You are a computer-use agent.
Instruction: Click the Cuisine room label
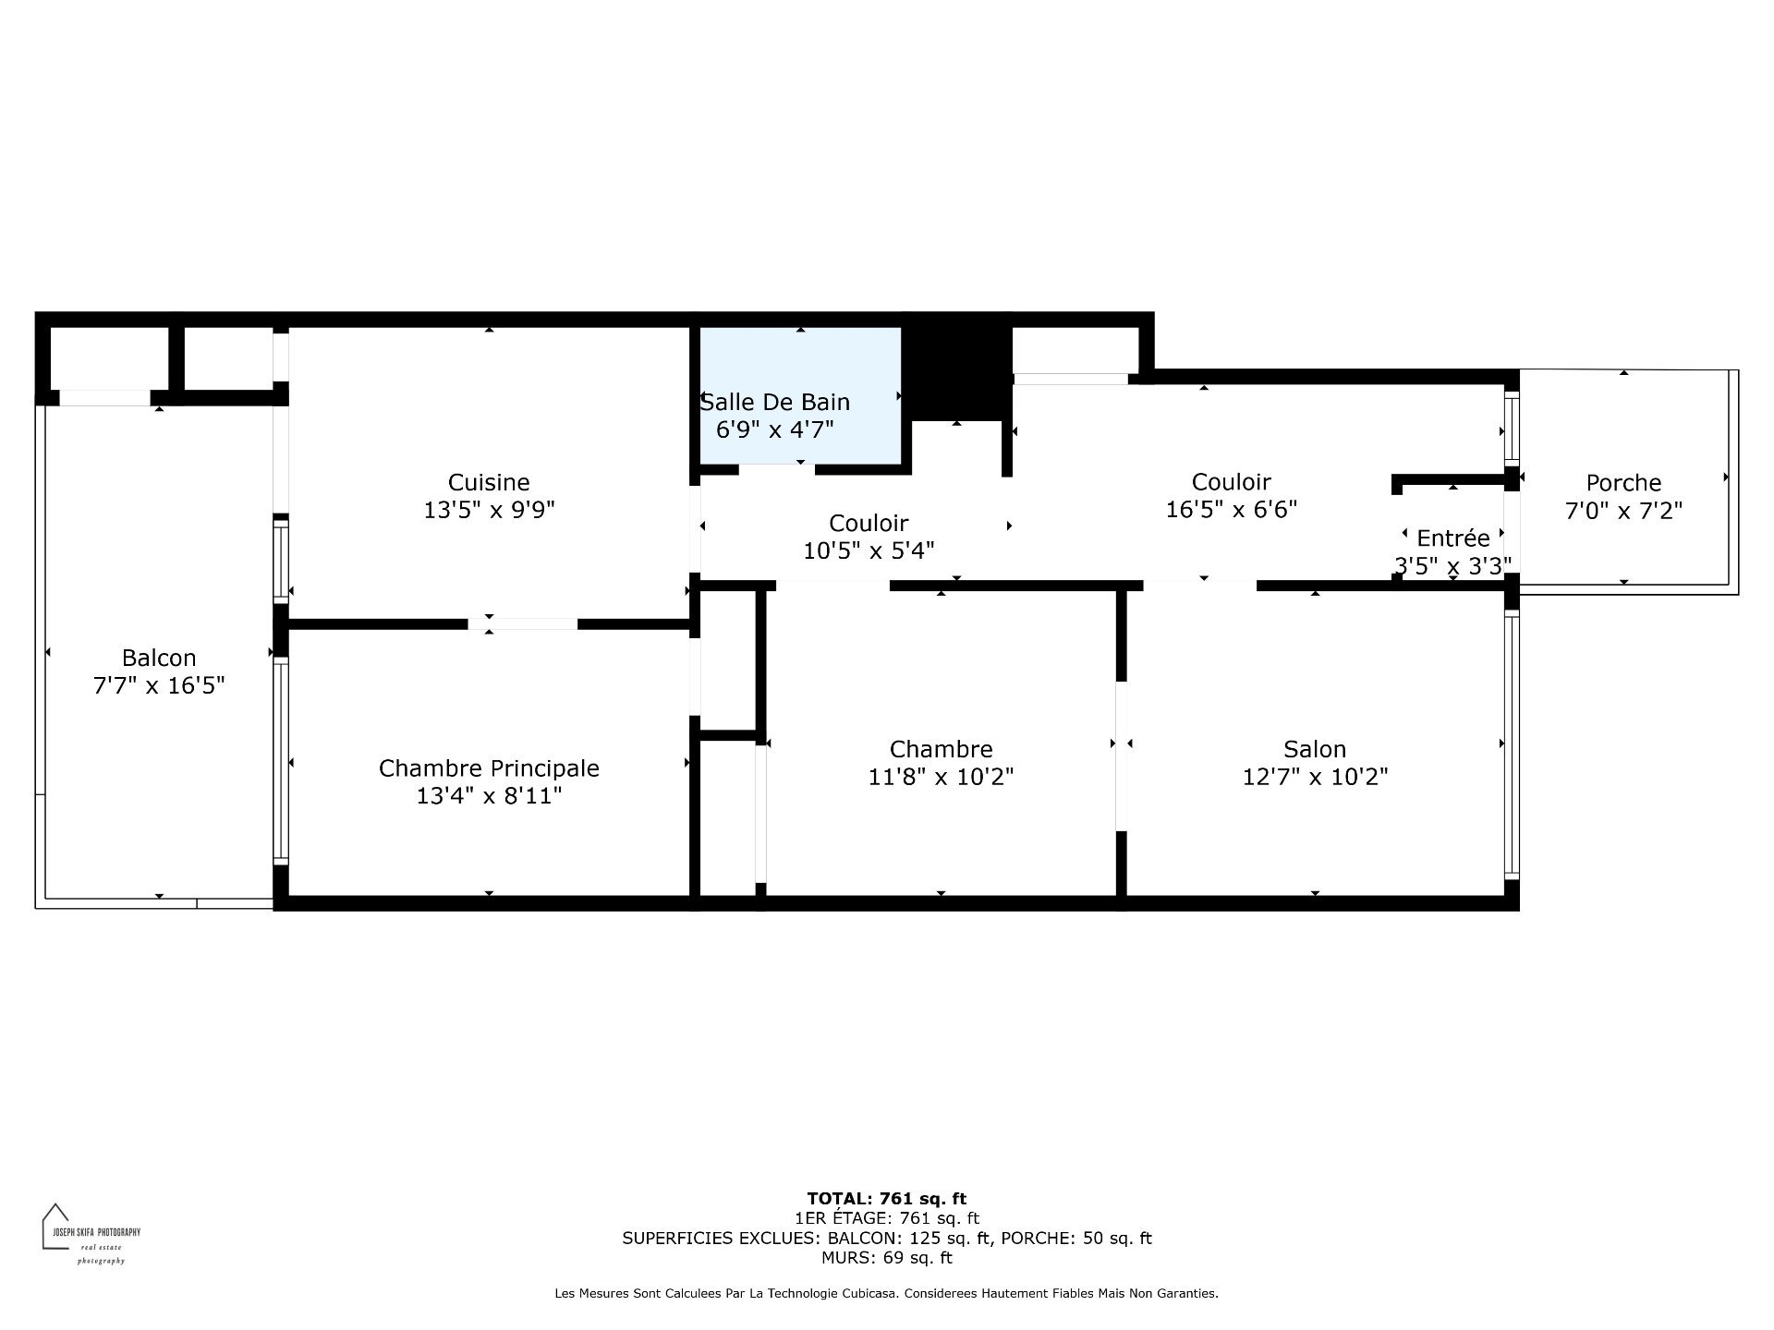click(x=489, y=482)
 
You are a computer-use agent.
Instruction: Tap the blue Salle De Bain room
click(x=800, y=395)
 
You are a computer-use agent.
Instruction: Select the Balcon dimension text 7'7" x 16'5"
click(x=159, y=685)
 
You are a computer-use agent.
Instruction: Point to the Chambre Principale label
click(x=489, y=768)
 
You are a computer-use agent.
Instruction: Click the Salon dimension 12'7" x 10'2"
click(x=1315, y=777)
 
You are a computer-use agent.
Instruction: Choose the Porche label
click(x=1623, y=482)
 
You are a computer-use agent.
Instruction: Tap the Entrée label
click(x=1453, y=538)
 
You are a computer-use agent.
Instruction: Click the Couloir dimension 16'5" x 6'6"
click(x=1232, y=509)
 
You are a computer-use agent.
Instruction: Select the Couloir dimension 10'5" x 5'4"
click(x=869, y=550)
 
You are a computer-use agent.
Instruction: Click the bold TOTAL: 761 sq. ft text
click(x=887, y=1199)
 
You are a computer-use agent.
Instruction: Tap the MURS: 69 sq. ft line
click(x=887, y=1257)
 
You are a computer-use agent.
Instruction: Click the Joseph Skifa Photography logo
click(x=91, y=1234)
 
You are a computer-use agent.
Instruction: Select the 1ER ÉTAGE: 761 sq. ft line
click(x=887, y=1218)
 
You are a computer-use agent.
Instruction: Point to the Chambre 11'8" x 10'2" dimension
click(x=941, y=777)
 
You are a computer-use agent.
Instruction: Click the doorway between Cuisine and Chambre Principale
click(x=523, y=624)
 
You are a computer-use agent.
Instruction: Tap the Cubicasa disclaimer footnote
click(x=886, y=1294)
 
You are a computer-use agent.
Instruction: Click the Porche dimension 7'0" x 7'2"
click(x=1623, y=510)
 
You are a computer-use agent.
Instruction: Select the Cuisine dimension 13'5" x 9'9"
click(x=489, y=510)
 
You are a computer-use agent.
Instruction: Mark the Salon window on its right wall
click(x=1512, y=745)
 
